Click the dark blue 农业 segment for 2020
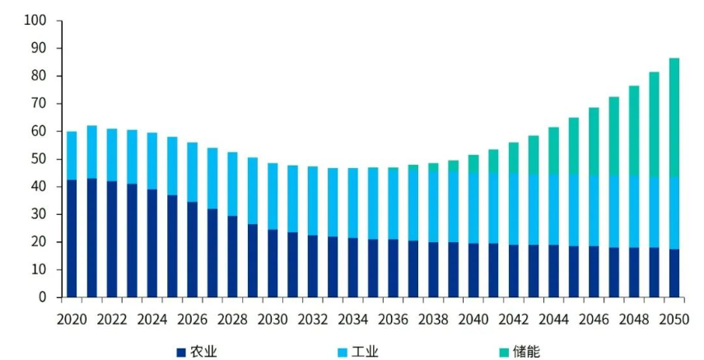click(72, 238)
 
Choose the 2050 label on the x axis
click(674, 319)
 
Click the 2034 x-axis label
click(353, 319)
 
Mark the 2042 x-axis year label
click(514, 319)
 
